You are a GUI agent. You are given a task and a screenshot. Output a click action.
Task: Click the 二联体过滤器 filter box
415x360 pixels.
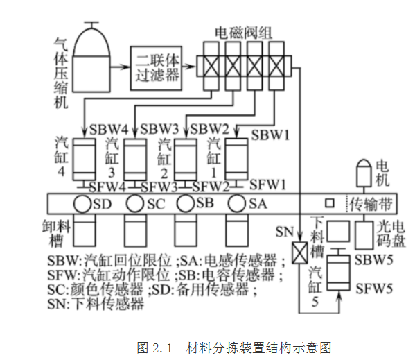(x=156, y=68)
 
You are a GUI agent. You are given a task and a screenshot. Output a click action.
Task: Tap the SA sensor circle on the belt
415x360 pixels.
(x=237, y=203)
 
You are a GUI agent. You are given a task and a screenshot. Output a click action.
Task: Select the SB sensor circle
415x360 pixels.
(x=186, y=203)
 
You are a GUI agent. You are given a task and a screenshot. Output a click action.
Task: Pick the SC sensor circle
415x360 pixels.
(x=135, y=203)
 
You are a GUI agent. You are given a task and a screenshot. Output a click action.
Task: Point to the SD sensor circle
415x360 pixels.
(x=82, y=204)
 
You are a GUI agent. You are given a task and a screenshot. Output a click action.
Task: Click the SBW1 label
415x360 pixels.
(x=270, y=135)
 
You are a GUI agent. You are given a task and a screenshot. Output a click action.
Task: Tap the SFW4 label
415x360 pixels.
(x=107, y=187)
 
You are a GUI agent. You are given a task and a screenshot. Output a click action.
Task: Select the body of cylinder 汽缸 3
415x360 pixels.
(x=135, y=160)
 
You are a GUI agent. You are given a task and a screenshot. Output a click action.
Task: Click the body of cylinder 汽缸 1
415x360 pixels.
(x=237, y=159)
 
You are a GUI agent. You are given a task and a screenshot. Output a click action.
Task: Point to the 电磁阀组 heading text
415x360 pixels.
(x=243, y=33)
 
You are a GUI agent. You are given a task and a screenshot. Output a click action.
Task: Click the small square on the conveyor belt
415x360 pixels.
(x=330, y=203)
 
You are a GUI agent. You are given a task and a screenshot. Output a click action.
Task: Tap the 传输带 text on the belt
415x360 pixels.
(x=371, y=204)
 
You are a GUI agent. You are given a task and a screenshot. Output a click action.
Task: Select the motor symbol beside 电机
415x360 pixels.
(x=364, y=173)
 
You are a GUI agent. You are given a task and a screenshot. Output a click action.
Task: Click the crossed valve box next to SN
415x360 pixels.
(x=300, y=253)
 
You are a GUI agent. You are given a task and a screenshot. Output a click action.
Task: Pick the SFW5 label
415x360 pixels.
(x=374, y=289)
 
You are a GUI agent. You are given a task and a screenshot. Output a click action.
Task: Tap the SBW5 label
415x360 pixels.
(x=373, y=260)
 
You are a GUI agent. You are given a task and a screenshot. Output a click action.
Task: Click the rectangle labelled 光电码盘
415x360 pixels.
(x=364, y=236)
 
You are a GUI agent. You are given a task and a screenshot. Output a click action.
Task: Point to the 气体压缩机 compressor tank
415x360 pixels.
(x=91, y=57)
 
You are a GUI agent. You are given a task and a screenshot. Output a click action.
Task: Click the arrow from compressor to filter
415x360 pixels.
(x=120, y=67)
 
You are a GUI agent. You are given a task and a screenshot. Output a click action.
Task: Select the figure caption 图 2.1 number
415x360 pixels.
(x=154, y=348)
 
